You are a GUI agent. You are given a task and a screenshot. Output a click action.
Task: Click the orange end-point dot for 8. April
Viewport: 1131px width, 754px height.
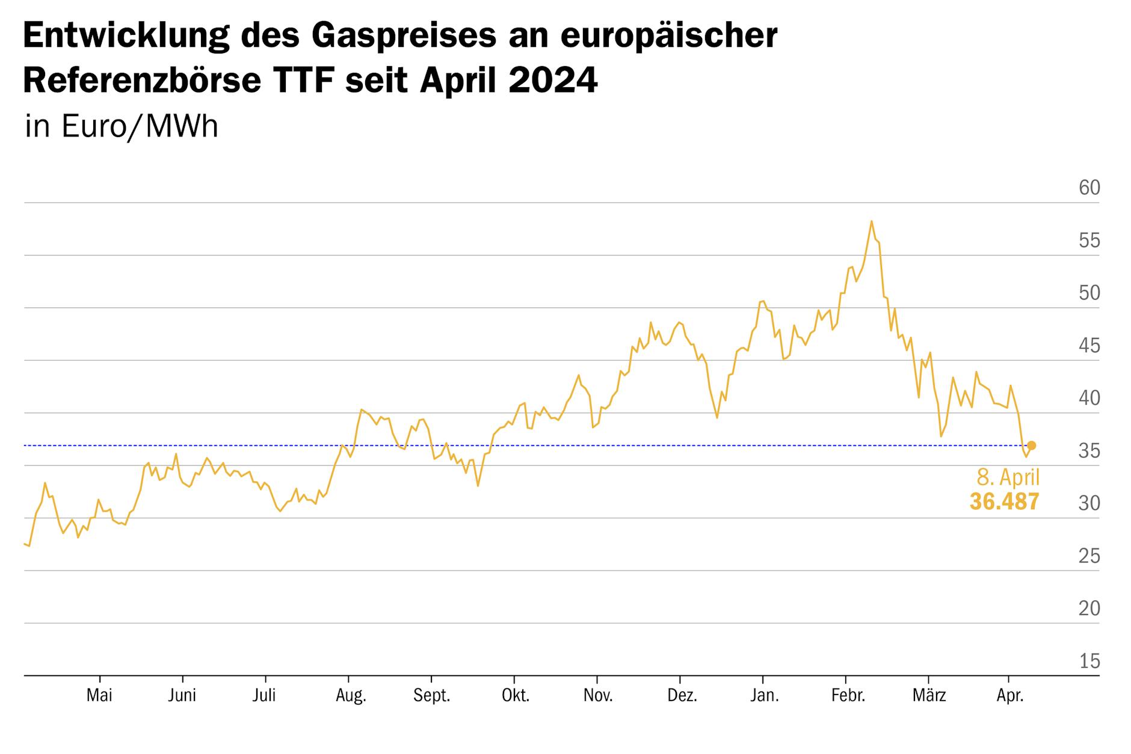[1031, 446]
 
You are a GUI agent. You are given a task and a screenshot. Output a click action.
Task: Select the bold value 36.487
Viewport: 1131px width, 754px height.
[1004, 501]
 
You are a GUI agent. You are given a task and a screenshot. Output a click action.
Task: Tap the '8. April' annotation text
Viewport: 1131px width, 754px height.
[1008, 477]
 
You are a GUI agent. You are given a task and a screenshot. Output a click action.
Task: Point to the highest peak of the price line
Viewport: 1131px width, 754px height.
[871, 221]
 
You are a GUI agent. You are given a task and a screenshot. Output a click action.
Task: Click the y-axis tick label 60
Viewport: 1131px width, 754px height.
[1089, 188]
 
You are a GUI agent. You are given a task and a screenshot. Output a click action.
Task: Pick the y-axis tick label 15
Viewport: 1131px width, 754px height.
[1089, 661]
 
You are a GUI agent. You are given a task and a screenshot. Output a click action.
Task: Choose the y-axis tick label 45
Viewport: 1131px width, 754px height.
[1089, 346]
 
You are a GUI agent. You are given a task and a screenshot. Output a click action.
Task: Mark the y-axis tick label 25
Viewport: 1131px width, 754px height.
[1089, 556]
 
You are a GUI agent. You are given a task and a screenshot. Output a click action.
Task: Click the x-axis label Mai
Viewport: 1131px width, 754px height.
[99, 696]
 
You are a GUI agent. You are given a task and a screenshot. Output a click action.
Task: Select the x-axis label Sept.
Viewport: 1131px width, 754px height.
[431, 696]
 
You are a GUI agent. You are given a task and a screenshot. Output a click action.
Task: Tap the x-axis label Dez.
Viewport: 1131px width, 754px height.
[682, 696]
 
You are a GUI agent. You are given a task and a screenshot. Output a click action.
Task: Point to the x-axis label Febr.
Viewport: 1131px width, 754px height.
[848, 696]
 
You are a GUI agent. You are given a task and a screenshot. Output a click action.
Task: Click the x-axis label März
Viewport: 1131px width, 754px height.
[929, 696]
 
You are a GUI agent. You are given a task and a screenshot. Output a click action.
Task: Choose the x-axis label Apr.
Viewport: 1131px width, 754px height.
[1010, 696]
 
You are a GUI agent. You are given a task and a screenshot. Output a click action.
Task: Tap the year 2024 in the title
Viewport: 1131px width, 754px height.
[553, 81]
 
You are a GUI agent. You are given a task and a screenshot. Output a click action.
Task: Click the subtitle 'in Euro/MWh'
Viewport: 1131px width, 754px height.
[122, 127]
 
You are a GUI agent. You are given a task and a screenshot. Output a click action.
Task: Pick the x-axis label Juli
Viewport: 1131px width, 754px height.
[264, 696]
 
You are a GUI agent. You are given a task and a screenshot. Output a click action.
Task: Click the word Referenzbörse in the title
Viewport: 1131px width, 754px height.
[142, 81]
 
